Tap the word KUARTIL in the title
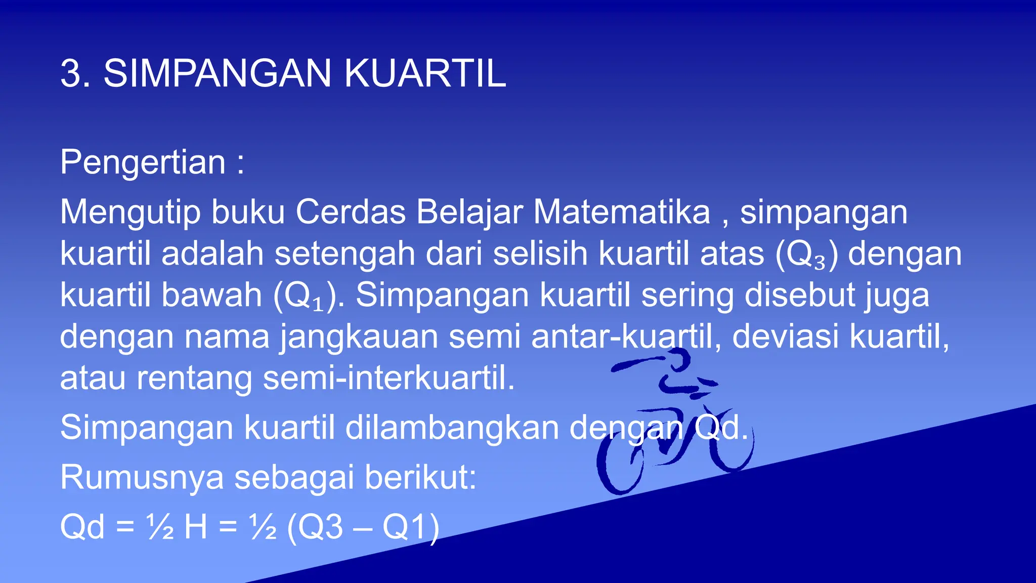425,74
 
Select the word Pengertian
143,163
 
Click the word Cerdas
351,212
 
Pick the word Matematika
622,212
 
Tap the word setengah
344,254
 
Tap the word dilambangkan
452,428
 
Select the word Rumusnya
142,477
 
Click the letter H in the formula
196,527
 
